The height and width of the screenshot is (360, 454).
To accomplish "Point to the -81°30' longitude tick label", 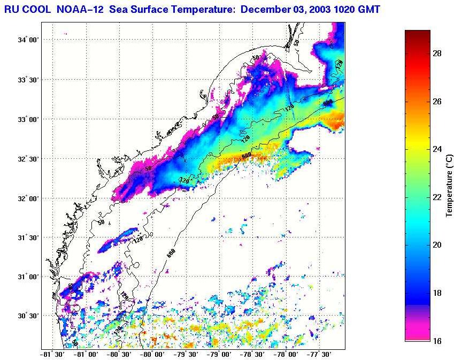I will tap(52, 354).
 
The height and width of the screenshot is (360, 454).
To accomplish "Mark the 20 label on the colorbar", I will tap(436, 246).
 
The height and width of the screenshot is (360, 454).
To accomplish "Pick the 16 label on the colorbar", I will tap(436, 341).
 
